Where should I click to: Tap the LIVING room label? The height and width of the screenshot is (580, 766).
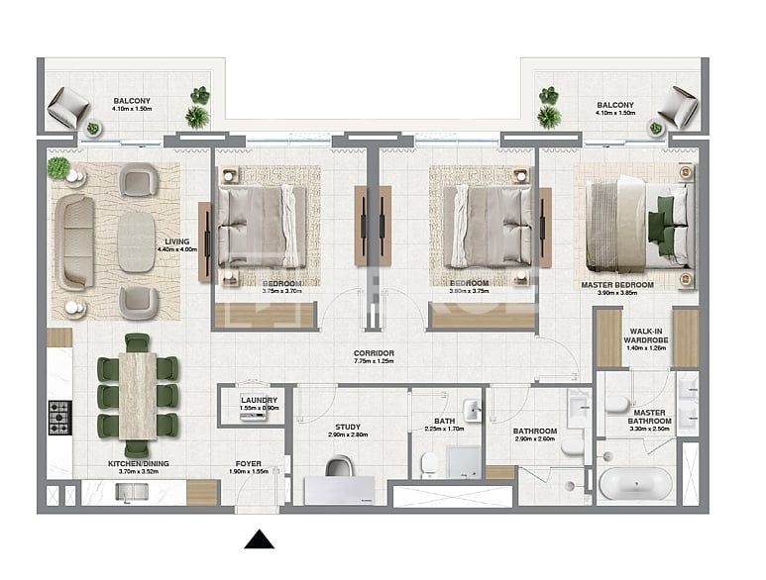coord(177,241)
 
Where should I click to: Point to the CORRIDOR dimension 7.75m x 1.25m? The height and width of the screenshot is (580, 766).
coord(374,362)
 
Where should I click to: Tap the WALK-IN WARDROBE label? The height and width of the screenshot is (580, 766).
coord(647,337)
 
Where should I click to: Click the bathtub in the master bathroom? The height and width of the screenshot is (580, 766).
coord(636,485)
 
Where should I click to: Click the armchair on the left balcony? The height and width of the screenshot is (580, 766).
coord(68,106)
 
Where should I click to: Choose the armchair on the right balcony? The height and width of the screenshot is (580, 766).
coord(680,105)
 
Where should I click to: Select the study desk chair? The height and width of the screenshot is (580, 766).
coord(339,466)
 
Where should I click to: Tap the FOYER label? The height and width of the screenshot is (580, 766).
coord(248,462)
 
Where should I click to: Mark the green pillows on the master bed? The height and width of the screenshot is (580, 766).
coord(661,220)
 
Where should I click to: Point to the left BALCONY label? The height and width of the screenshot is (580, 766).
coord(132,101)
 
